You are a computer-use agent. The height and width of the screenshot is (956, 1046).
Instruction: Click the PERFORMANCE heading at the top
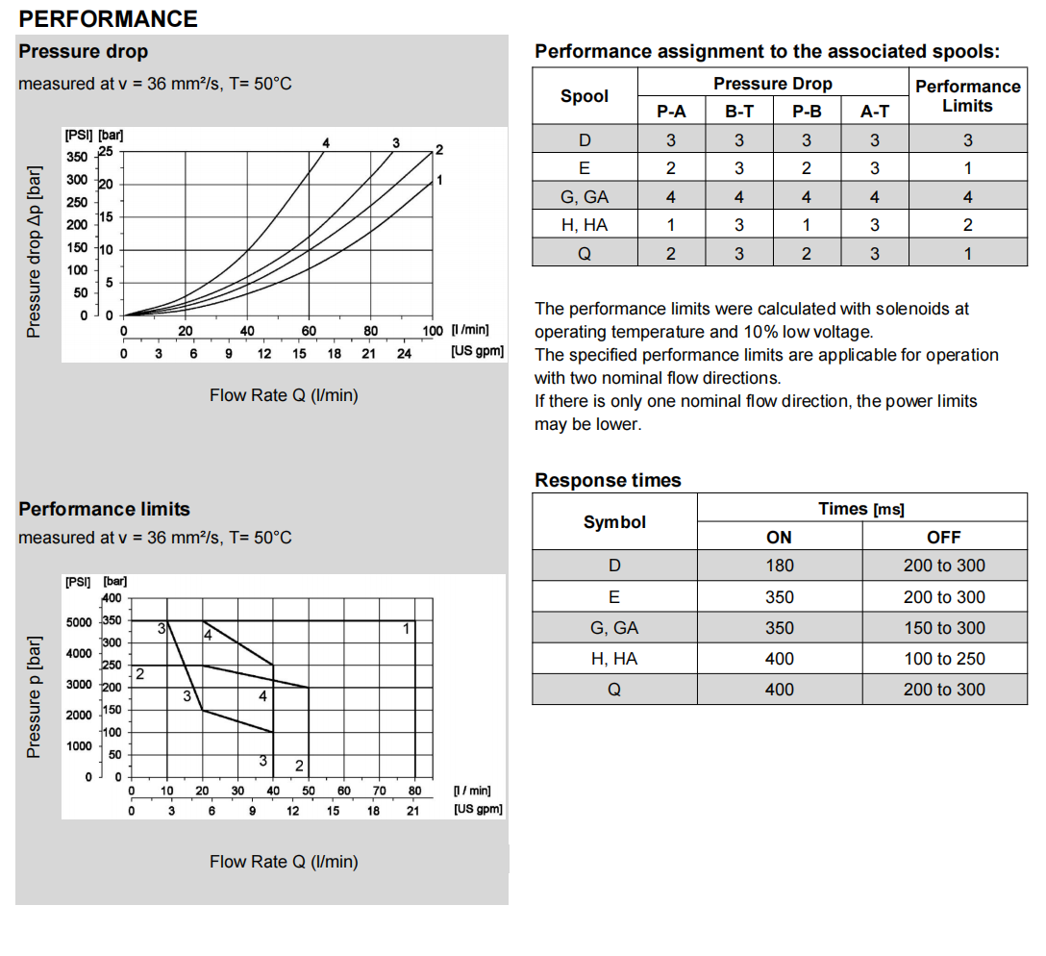[x=108, y=18]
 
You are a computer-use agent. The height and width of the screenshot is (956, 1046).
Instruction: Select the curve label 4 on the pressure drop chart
[x=326, y=143]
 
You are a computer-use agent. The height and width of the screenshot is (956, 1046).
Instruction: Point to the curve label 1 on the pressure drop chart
[x=439, y=180]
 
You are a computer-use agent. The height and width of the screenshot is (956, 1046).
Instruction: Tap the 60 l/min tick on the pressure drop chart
[x=309, y=331]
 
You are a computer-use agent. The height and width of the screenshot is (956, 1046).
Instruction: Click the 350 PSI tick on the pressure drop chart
[x=76, y=157]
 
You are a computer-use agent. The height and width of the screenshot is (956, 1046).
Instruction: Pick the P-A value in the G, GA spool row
[x=670, y=197]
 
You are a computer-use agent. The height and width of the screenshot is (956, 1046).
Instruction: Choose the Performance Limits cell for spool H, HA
[x=967, y=225]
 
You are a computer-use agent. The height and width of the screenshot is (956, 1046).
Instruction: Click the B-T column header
[x=739, y=112]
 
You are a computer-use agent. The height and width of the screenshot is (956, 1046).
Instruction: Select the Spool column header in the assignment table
[x=585, y=96]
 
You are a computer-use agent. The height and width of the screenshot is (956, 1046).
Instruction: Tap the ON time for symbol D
[x=779, y=566]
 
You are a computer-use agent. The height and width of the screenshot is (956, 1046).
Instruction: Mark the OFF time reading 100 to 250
[x=944, y=659]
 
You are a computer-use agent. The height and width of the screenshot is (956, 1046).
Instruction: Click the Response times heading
[x=608, y=480]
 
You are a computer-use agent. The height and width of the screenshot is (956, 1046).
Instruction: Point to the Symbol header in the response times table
[x=614, y=522]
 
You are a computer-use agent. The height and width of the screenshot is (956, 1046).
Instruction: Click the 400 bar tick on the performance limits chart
[x=112, y=597]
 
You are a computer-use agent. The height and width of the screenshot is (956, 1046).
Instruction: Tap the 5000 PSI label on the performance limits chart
[x=78, y=622]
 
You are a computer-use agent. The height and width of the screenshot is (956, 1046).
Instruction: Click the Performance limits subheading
[x=104, y=509]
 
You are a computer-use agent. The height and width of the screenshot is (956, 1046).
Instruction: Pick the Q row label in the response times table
[x=614, y=690]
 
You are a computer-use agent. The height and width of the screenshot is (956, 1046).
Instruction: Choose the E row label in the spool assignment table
[x=584, y=168]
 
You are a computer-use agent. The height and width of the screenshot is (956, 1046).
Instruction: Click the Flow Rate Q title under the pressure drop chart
[x=284, y=395]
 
